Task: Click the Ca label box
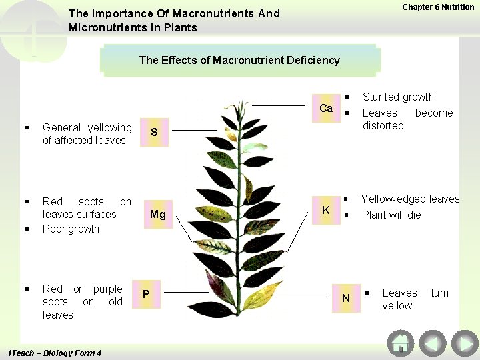click(x=326, y=108)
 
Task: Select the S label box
click(x=154, y=132)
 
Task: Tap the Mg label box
click(x=158, y=214)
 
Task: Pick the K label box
click(x=326, y=210)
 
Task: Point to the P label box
click(x=146, y=293)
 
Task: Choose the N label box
click(x=345, y=298)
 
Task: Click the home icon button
click(x=400, y=344)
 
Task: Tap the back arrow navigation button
click(x=432, y=344)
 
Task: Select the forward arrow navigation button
click(x=464, y=344)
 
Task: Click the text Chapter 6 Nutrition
click(x=438, y=7)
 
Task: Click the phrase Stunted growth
click(x=397, y=97)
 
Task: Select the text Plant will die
click(x=391, y=215)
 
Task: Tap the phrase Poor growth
click(x=71, y=229)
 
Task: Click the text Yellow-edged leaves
click(x=410, y=199)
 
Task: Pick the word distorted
click(x=383, y=125)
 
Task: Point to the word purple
click(x=107, y=289)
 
